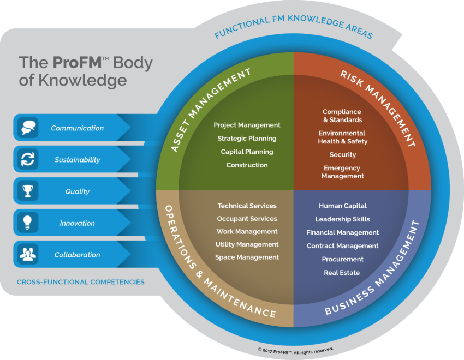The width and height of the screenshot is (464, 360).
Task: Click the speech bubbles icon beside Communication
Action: pos(28,128)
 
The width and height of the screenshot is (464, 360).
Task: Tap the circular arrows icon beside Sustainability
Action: pos(28,159)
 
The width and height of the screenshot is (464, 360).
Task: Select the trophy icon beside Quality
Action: pos(28,191)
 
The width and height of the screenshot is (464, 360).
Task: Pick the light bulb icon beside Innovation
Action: pos(27,223)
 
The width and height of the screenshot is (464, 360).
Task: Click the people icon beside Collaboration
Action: pos(28,254)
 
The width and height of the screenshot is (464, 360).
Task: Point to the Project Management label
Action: pos(247,125)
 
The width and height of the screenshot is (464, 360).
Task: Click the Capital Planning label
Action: pos(247,152)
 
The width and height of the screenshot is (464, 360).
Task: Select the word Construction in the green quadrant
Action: pos(247,165)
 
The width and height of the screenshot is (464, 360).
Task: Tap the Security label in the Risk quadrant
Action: pos(343,154)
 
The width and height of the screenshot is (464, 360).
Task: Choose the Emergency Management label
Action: pos(342,172)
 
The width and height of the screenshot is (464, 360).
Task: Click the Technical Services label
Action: pos(247,206)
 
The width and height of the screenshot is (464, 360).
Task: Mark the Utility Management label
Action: pos(247,244)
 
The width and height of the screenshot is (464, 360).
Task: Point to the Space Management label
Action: pos(247,257)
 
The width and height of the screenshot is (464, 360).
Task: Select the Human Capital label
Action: pos(343,206)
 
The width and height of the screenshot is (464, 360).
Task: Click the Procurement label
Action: pos(343,259)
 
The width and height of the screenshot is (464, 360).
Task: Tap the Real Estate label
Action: pos(342,273)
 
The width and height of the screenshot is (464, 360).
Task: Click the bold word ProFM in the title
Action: pos(77,62)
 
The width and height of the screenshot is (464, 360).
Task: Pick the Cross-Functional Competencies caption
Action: pos(80,282)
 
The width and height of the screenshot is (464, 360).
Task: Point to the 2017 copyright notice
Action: pos(296,351)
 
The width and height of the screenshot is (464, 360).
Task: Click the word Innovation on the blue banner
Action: pos(77,223)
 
